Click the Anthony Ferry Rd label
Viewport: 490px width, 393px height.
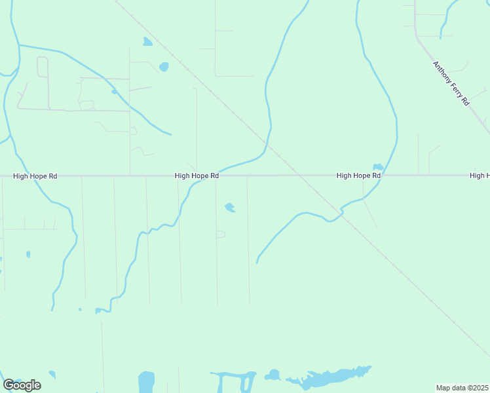(x=451, y=83)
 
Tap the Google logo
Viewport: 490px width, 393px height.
(x=22, y=385)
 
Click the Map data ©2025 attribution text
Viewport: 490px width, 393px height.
(x=462, y=388)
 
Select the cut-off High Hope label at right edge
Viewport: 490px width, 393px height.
(x=480, y=176)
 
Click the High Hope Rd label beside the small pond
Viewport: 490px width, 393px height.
(x=358, y=176)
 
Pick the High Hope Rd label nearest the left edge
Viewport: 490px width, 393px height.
(x=35, y=176)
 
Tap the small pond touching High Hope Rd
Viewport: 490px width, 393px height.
(x=377, y=167)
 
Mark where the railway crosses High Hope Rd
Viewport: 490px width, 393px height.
(x=295, y=175)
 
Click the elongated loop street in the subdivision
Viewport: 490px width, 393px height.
(x=43, y=83)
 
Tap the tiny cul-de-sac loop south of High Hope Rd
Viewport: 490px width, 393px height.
(x=221, y=234)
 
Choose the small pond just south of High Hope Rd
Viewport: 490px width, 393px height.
(x=229, y=208)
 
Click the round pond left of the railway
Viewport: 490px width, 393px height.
(x=163, y=66)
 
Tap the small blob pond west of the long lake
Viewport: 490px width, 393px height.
(x=272, y=375)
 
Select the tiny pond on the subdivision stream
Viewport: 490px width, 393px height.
(x=114, y=92)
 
